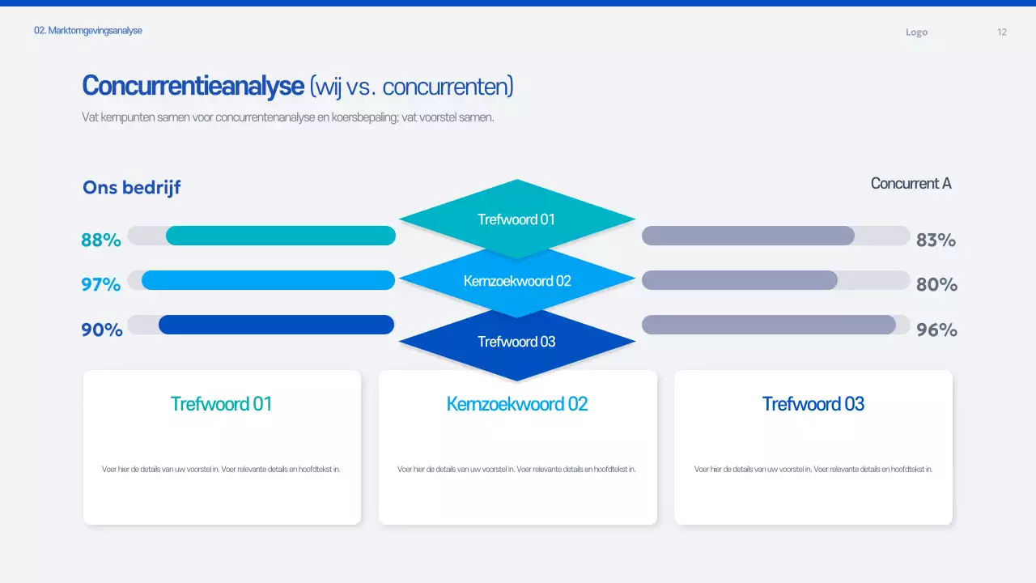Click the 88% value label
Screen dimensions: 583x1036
[101, 240]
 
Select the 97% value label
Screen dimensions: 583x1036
[101, 284]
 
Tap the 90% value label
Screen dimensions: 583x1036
[102, 330]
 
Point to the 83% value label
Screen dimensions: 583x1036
[936, 240]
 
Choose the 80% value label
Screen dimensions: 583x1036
[936, 284]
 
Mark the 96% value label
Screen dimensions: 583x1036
[936, 330]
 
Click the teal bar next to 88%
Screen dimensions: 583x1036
[280, 236]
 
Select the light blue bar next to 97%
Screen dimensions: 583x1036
[268, 280]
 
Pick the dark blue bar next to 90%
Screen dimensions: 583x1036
[276, 325]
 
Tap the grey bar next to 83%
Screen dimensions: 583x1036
[748, 236]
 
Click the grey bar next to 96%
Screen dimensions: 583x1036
[768, 325]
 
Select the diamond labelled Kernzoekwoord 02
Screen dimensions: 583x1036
[517, 281]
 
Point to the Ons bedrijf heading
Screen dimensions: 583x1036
[131, 188]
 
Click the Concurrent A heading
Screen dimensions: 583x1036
[911, 183]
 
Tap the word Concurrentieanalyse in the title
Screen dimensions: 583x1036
[193, 86]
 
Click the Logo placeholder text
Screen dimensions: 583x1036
[916, 32]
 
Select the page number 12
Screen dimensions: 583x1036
[1002, 32]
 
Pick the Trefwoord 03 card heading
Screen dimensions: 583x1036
[813, 403]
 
